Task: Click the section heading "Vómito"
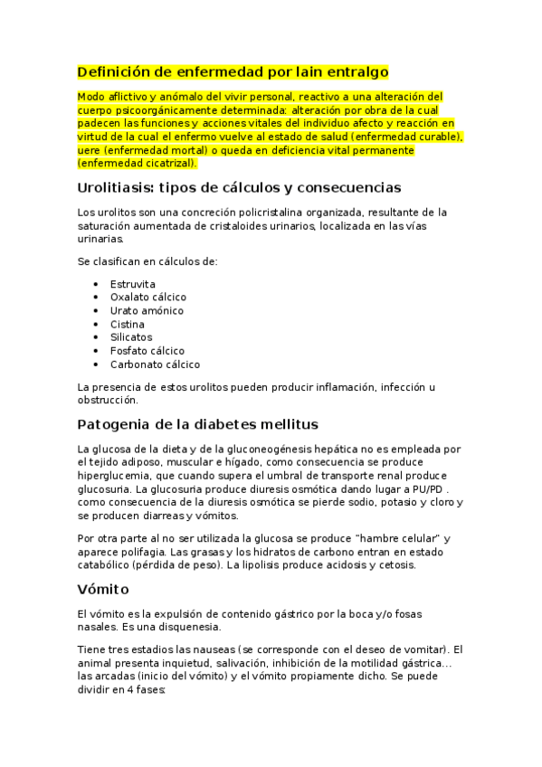click(103, 589)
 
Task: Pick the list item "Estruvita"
click(132, 284)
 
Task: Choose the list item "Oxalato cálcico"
click(147, 297)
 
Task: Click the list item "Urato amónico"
click(146, 310)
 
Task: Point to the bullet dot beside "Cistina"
click(96, 324)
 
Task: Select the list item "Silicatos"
click(131, 337)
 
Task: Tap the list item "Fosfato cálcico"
click(147, 351)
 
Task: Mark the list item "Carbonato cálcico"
click(155, 365)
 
